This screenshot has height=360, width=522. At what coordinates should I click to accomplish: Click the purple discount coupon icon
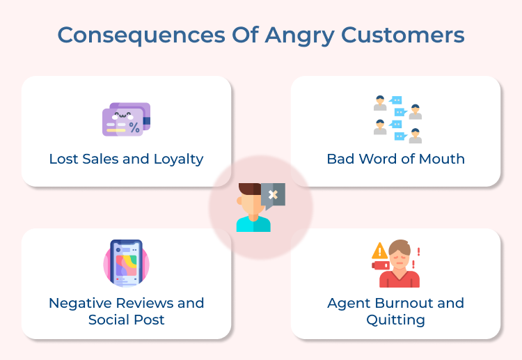[x=126, y=119]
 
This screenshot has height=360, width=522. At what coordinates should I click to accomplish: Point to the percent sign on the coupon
[x=134, y=127]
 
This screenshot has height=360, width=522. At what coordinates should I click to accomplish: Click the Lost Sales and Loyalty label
[x=126, y=159]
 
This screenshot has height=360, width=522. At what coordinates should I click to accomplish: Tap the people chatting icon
[x=397, y=119]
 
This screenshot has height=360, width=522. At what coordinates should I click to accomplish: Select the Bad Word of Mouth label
[x=395, y=159]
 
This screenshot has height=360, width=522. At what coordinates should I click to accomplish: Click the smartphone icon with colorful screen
[x=126, y=264]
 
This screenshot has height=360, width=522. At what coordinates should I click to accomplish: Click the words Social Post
[x=126, y=320]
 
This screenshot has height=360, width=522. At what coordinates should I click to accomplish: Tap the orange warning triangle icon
[x=380, y=251]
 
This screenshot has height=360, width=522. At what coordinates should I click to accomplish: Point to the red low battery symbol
[x=381, y=265]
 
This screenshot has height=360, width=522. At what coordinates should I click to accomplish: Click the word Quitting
[x=395, y=320]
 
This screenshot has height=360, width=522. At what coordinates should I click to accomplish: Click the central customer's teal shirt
[x=253, y=224]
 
